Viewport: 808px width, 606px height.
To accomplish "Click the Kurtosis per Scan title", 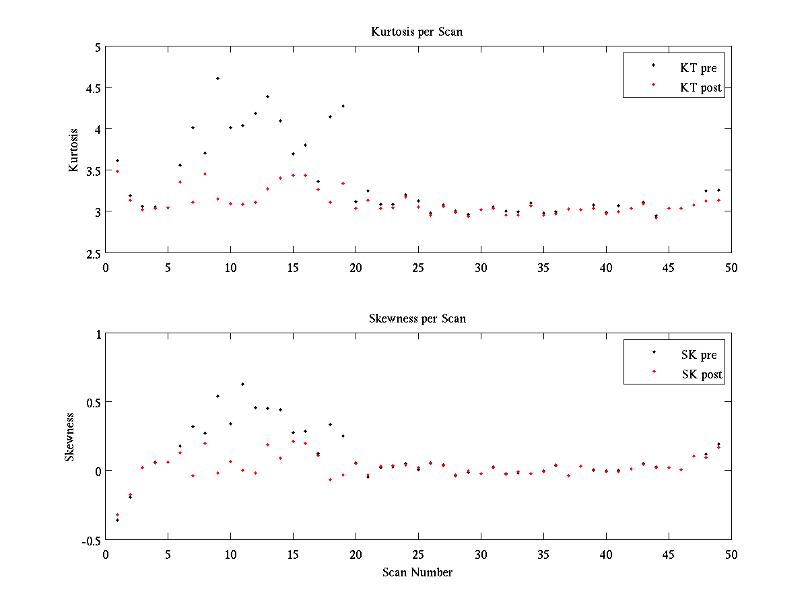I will point(417,32).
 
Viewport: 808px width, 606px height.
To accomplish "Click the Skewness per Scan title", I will point(417,318).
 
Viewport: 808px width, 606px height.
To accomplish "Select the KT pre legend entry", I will point(698,68).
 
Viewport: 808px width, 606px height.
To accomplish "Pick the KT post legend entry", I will point(701,88).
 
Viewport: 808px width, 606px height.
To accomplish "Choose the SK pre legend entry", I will point(699,355).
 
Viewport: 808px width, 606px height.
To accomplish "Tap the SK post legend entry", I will point(702,374).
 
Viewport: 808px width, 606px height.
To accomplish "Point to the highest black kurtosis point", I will point(217,78).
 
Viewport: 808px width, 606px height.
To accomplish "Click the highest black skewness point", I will point(242,384).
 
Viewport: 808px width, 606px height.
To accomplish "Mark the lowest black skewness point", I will point(117,520).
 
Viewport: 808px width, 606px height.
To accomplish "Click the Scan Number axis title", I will point(417,573).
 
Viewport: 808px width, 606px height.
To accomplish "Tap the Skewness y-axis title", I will point(69,437).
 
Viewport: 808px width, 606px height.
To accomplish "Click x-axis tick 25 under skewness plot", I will point(418,554).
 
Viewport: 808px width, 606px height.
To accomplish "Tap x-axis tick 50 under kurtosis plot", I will point(731,267).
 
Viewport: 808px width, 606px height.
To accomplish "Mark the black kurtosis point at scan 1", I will point(117,160).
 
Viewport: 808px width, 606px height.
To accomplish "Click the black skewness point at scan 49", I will point(718,444).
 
